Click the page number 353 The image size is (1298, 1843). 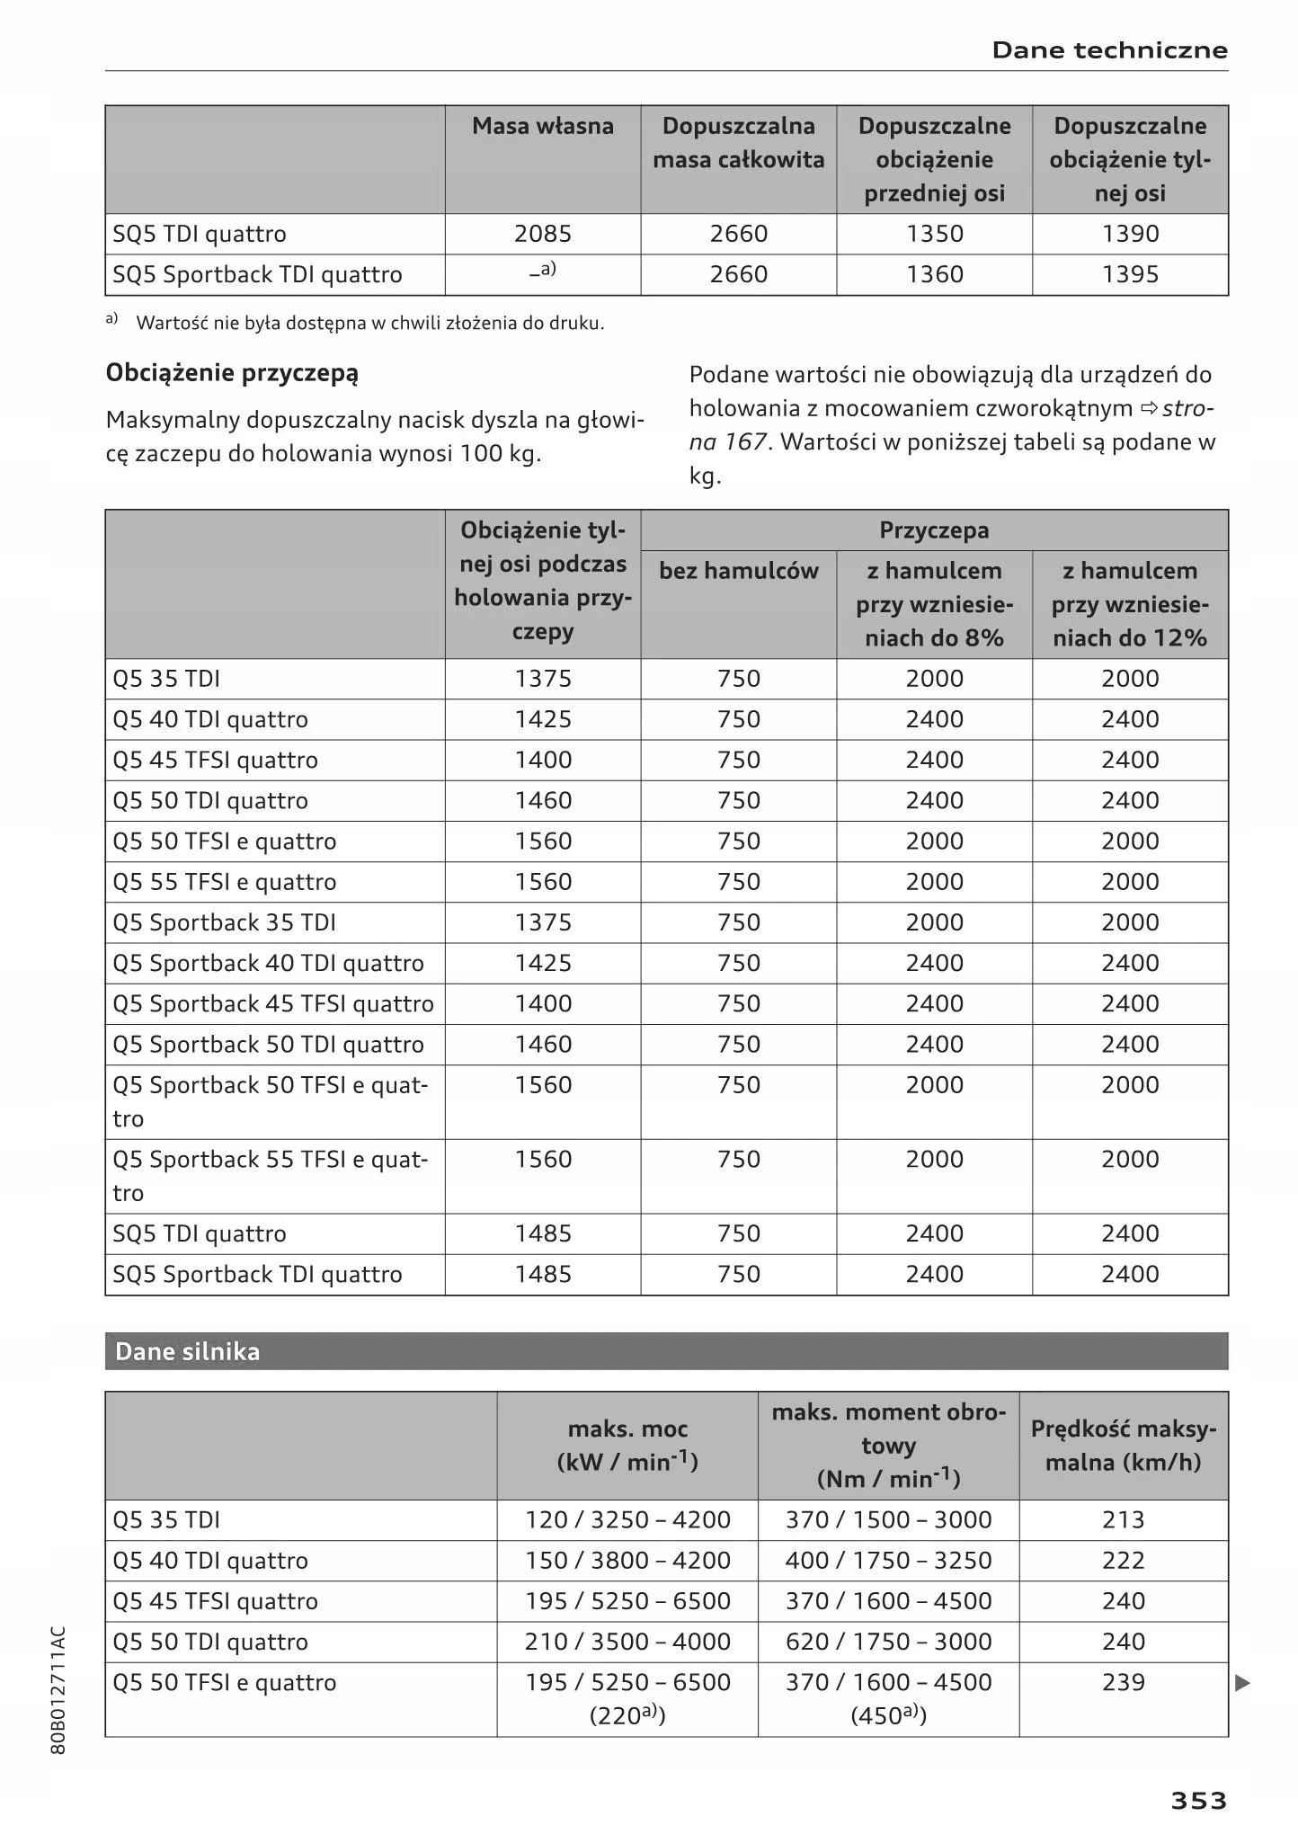pos(1197,1801)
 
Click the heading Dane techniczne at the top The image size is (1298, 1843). pos(1109,50)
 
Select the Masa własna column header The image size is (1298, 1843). pos(543,126)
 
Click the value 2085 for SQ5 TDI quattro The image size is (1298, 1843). pos(543,234)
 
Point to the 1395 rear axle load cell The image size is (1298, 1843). pos(1130,274)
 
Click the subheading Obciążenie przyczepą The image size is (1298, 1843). pos(232,373)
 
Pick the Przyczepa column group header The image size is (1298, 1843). pos(934,530)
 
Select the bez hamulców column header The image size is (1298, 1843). pos(738,571)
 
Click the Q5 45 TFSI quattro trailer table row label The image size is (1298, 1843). pos(216,761)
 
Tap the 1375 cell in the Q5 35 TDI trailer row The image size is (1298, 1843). pos(543,679)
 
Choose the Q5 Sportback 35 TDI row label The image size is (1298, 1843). pos(224,923)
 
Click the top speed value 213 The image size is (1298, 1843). pos(1123,1520)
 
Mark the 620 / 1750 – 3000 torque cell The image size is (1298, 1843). pos(888,1642)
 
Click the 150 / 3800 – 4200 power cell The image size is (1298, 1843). pos(627,1561)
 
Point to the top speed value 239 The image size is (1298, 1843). pos(1123,1682)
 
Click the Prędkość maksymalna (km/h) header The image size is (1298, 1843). pos(1123,1446)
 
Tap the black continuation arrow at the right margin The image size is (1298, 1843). pos(1243,1683)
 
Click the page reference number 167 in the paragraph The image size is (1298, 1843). pos(745,442)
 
